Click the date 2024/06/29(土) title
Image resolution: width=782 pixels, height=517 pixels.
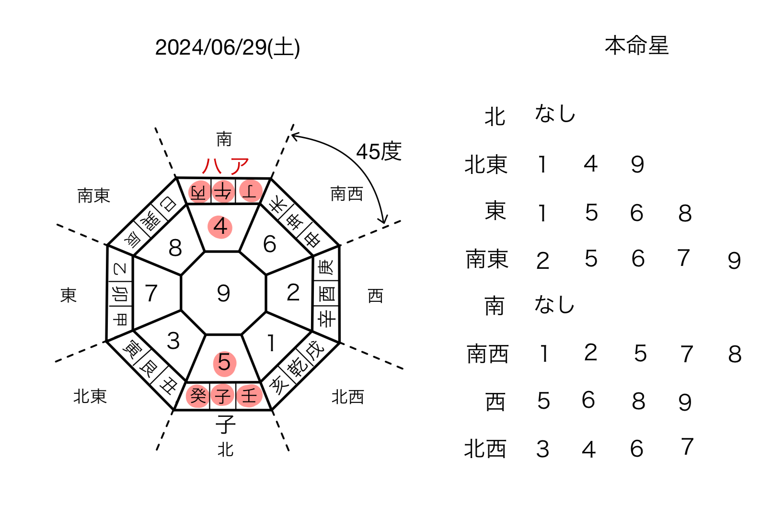(x=227, y=47)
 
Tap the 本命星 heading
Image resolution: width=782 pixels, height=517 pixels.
(x=637, y=46)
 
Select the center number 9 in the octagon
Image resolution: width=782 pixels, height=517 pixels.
(x=223, y=293)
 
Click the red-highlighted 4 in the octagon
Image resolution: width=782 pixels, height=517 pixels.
(x=220, y=227)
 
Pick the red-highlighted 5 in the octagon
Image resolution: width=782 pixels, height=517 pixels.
(x=224, y=363)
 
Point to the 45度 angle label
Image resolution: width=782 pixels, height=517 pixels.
(x=379, y=151)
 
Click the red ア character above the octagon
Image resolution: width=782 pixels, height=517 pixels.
(x=240, y=166)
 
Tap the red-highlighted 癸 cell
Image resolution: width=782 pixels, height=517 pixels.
(x=197, y=396)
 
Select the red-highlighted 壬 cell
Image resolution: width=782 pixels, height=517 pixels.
(x=249, y=396)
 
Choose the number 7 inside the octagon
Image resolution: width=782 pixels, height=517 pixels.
(x=151, y=293)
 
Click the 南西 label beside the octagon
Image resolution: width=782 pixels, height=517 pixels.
(x=346, y=194)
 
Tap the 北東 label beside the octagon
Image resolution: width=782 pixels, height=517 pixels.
(x=90, y=396)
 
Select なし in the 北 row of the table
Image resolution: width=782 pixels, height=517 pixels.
(x=555, y=114)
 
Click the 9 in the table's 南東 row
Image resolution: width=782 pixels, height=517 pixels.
(x=734, y=261)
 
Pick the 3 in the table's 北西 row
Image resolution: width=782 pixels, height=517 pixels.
(x=542, y=449)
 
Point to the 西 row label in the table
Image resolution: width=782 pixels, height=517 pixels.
(x=495, y=402)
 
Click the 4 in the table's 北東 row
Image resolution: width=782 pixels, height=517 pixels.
(x=590, y=164)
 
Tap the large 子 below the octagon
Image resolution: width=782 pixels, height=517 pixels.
(x=226, y=424)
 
